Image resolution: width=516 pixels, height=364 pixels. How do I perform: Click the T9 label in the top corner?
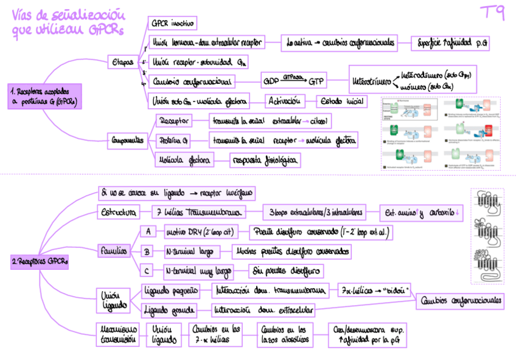click(491, 14)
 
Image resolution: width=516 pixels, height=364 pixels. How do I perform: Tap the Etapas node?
click(123, 62)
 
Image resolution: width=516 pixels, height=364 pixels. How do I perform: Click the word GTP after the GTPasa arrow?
click(316, 81)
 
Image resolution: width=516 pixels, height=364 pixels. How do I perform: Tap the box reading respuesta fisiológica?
click(265, 160)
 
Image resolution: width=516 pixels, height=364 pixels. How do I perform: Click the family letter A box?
click(147, 232)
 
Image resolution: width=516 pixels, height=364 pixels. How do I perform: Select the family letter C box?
click(147, 270)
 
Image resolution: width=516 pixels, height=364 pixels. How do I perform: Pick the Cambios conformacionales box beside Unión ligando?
click(462, 300)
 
